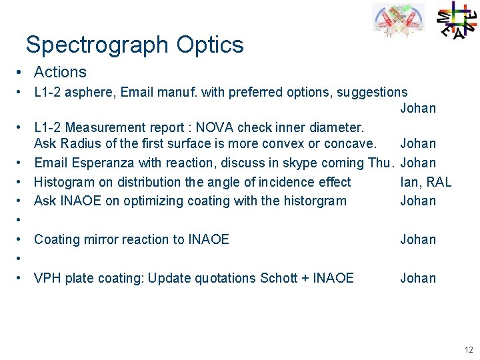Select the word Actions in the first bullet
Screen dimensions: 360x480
tap(60, 72)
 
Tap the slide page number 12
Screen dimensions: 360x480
tap(469, 349)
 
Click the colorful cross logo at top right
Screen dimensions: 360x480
tap(456, 20)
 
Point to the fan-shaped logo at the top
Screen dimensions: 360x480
tap(398, 21)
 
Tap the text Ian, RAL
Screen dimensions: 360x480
tap(426, 182)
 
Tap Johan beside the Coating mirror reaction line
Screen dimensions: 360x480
tap(418, 239)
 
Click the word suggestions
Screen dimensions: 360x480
tap(372, 92)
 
